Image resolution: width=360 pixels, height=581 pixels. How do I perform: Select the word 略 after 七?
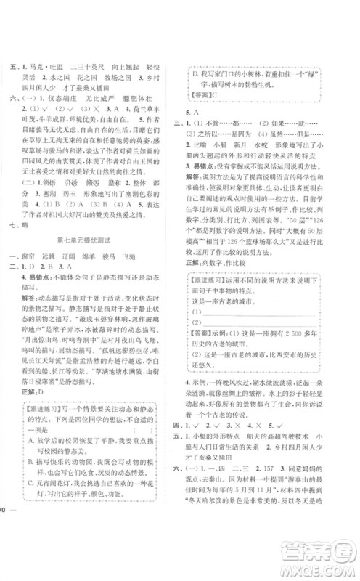tap(36, 224)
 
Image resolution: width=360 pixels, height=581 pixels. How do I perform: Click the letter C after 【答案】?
tap(216, 96)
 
